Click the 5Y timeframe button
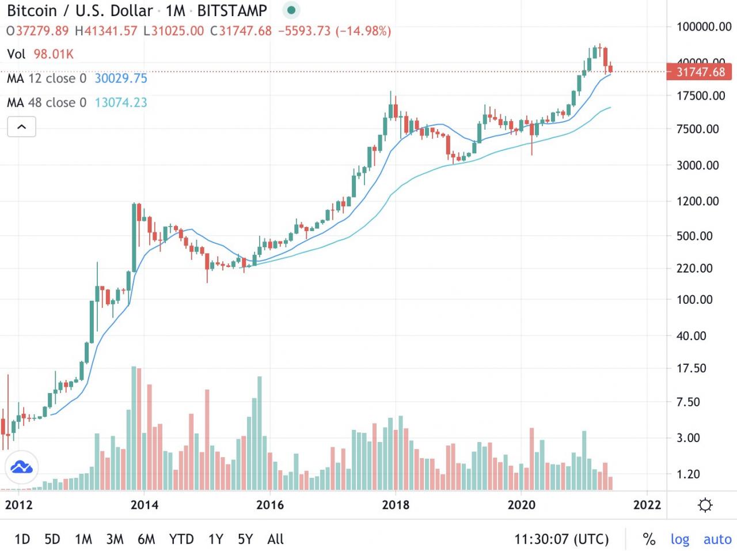[x=245, y=539]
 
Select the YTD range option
[x=181, y=539]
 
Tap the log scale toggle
[x=680, y=539]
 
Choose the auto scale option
[x=717, y=539]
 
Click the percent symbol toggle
[x=649, y=539]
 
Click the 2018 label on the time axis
[x=396, y=505]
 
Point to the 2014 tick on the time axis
[x=145, y=505]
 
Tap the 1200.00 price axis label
[x=697, y=201]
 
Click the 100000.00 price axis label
[x=704, y=27]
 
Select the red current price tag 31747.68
[x=700, y=72]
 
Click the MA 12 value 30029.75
[x=121, y=78]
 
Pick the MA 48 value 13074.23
[x=121, y=103]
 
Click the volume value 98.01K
[x=54, y=54]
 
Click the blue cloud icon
[x=21, y=467]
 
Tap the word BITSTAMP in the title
[x=232, y=10]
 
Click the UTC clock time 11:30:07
[x=561, y=539]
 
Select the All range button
[x=275, y=539]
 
